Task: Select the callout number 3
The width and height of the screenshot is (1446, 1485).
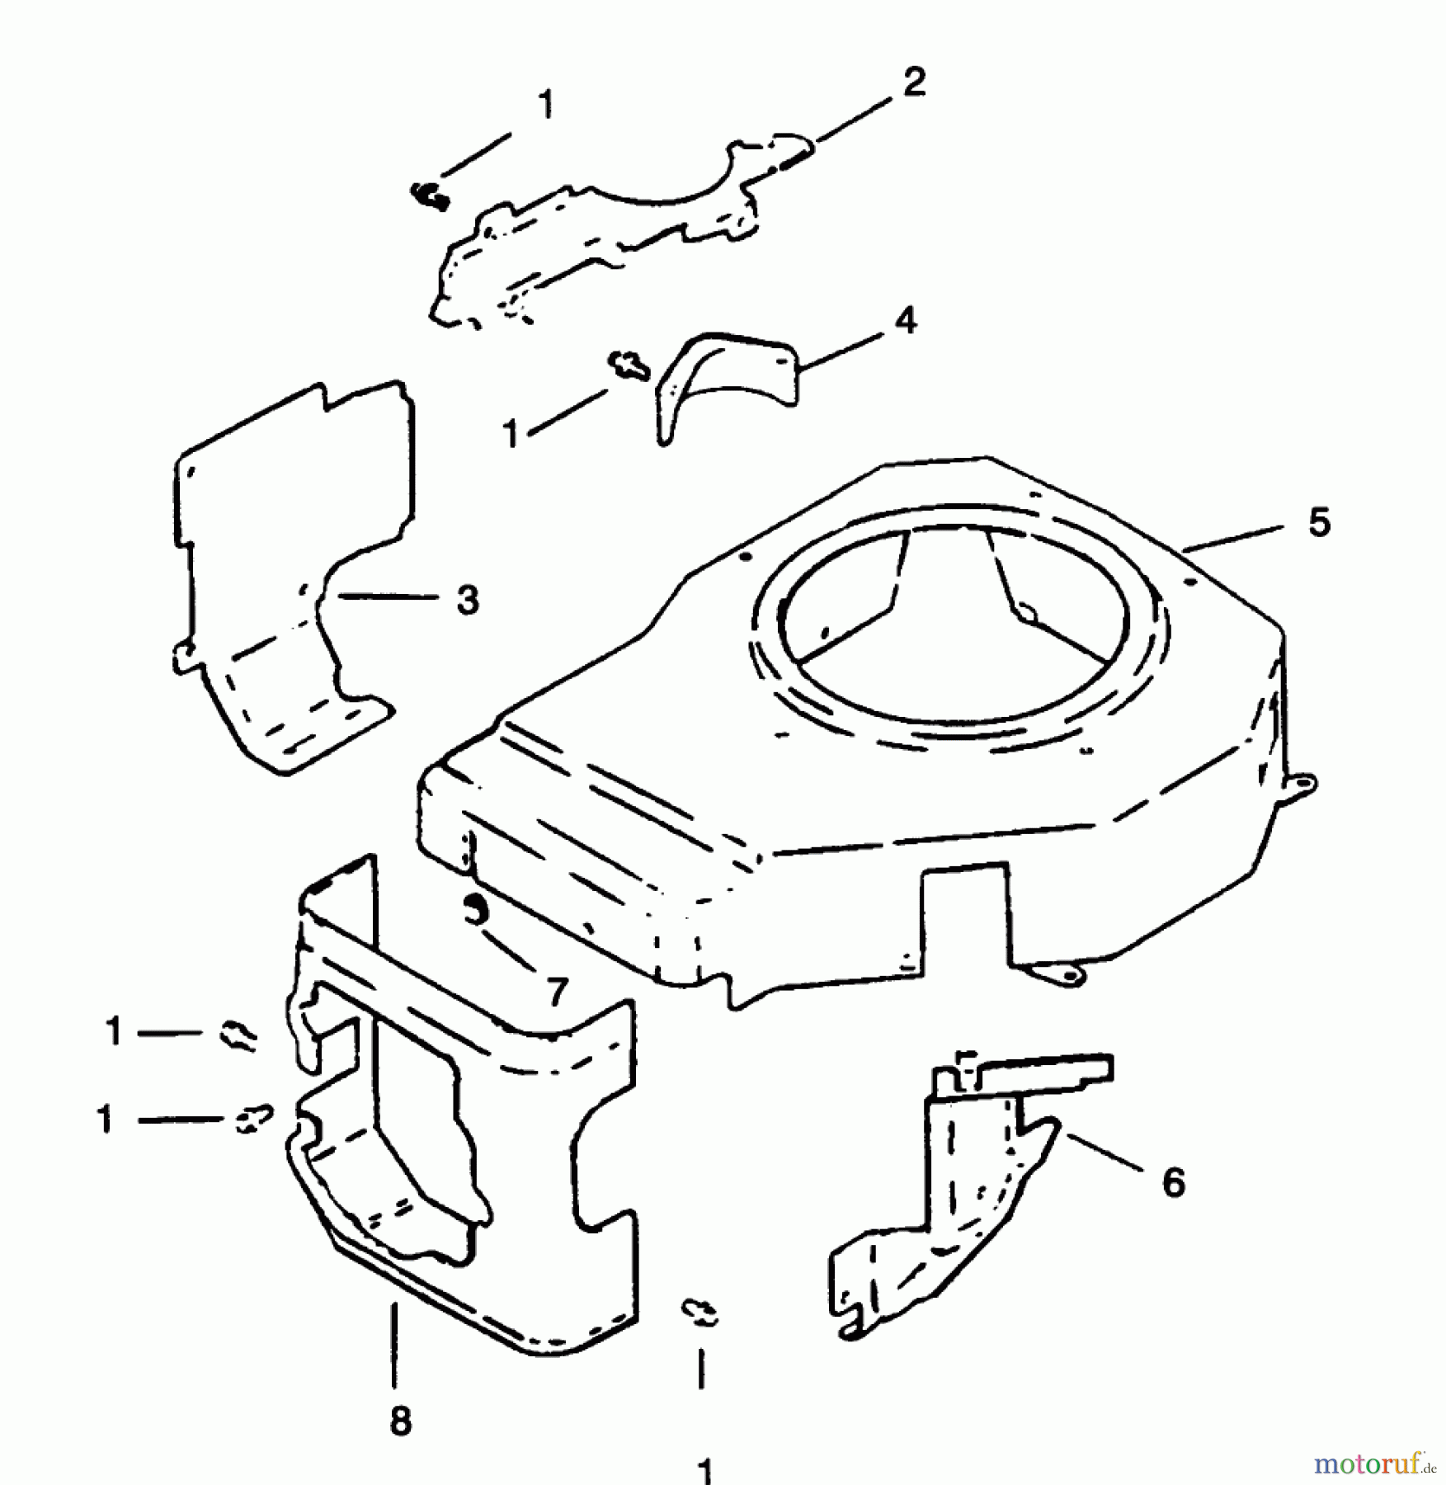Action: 468,600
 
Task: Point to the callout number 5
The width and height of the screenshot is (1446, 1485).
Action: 1319,523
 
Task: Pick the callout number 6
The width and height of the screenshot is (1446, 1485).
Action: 1173,1182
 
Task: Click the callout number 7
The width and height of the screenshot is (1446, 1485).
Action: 558,991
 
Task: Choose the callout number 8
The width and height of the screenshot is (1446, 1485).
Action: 400,1421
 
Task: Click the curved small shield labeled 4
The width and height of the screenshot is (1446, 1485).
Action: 726,379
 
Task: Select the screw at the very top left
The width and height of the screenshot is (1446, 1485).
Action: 429,195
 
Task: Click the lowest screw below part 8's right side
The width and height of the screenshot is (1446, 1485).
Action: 699,1311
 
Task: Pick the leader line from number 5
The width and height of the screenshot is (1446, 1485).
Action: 1233,536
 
